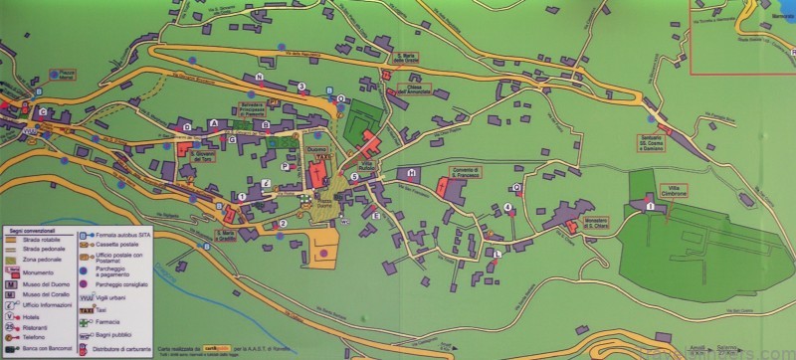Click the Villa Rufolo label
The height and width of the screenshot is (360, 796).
pyautogui.click(x=366, y=164)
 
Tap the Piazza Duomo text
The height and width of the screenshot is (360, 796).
pyautogui.click(x=322, y=201)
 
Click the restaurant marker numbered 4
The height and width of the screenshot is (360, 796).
pyautogui.click(x=508, y=207)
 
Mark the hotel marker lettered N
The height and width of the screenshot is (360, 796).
pyautogui.click(x=259, y=77)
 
